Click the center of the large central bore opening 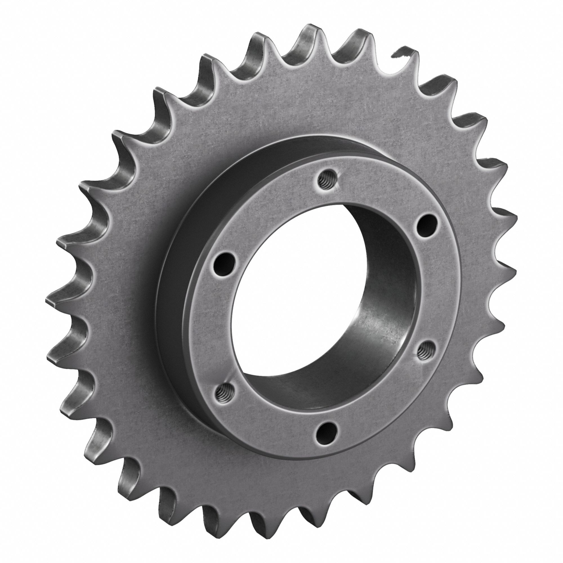318,306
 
